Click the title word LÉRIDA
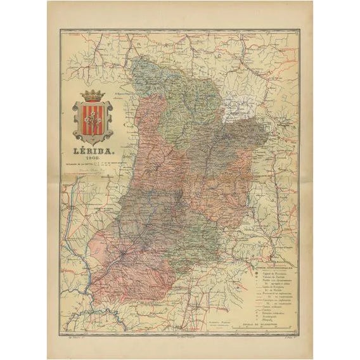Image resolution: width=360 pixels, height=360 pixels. click(x=93, y=153)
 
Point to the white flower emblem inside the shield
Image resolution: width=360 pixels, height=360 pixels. click(x=93, y=120)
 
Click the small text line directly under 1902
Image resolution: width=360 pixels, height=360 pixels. click(x=93, y=167)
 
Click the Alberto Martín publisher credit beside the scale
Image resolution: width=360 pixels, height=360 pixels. click(x=238, y=323)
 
